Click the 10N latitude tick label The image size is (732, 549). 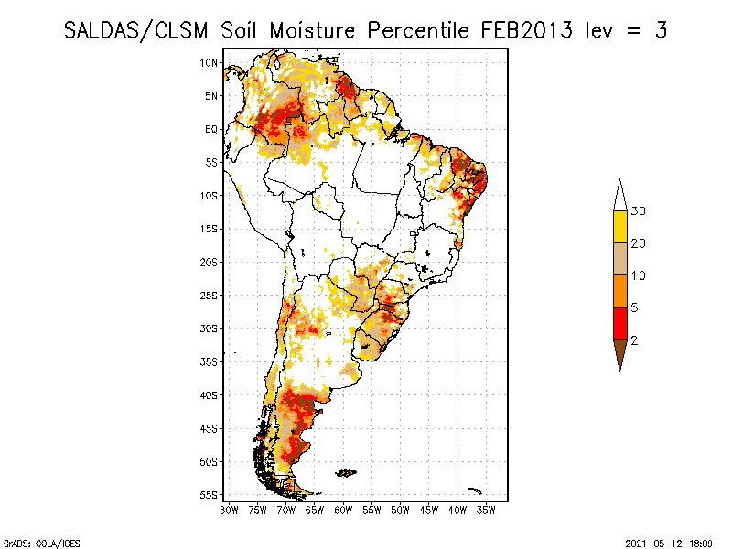(210, 62)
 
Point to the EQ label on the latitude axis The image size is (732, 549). (211, 129)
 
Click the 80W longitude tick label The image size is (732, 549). (230, 510)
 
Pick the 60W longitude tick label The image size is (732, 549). (343, 510)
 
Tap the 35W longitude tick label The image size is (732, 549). (486, 510)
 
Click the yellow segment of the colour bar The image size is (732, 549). (619, 226)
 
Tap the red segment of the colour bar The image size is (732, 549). (619, 323)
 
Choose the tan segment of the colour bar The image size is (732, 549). (619, 259)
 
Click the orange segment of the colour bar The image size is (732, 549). (619, 291)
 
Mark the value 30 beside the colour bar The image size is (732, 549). (639, 211)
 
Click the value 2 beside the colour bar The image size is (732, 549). (635, 340)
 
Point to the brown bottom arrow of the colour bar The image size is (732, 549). (619, 352)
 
